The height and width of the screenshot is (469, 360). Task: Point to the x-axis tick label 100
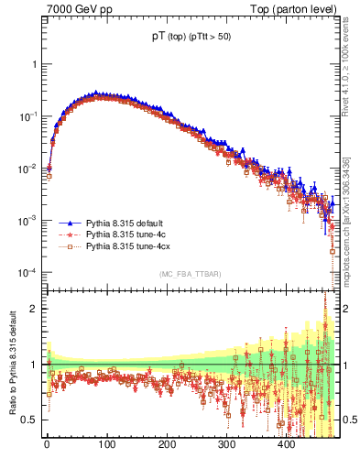[x=106, y=444]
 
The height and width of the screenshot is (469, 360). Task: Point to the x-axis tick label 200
[x=167, y=444]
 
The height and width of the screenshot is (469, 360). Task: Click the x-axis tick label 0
[x=47, y=444]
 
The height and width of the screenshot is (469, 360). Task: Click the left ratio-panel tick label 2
[x=35, y=309]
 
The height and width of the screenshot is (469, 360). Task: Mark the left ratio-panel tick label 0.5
[x=30, y=420]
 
